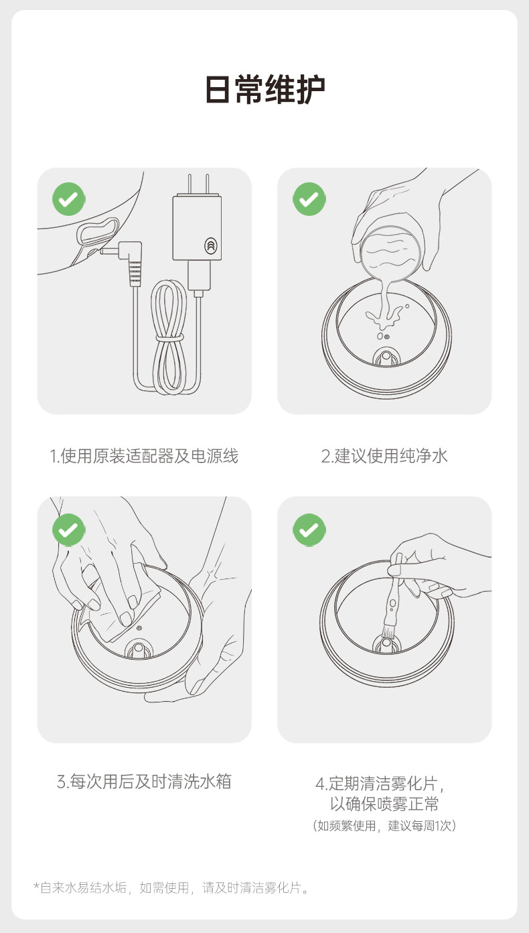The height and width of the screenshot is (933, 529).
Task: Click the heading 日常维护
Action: tap(264, 90)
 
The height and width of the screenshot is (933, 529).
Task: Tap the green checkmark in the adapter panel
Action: tap(69, 199)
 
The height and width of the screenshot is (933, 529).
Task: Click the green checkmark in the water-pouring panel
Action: tap(309, 199)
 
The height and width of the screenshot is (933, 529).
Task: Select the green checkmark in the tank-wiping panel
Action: tap(69, 530)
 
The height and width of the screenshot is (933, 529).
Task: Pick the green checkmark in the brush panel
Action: tap(309, 530)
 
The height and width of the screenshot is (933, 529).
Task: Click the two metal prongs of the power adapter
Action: tap(198, 184)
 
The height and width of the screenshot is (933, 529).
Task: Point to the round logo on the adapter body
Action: tap(211, 245)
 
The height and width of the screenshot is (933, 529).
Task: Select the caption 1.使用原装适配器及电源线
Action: tap(144, 456)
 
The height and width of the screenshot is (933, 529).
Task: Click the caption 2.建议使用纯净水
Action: tap(384, 456)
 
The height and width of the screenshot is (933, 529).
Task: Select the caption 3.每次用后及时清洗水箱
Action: tap(144, 782)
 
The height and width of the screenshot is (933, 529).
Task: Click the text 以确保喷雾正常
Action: tap(384, 804)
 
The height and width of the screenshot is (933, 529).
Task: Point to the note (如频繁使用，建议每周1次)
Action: tap(384, 826)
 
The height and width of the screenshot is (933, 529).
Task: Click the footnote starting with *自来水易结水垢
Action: tap(171, 887)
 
